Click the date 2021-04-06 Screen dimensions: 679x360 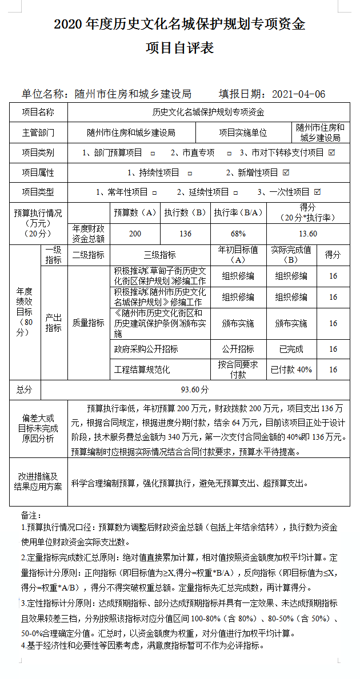click(x=299, y=94)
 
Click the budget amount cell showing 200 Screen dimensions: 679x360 click(x=135, y=234)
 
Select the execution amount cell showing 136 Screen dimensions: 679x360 click(x=185, y=234)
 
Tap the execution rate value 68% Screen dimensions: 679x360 click(x=238, y=234)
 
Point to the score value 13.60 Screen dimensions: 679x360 click(x=308, y=234)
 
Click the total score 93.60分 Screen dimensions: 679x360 click(x=195, y=389)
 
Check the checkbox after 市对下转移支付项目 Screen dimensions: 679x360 click(x=331, y=152)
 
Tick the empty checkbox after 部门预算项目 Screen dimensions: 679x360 click(x=153, y=153)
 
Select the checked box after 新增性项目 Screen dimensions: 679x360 click(x=286, y=172)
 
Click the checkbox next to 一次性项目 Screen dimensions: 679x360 click(x=318, y=192)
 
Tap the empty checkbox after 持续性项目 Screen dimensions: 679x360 click(x=190, y=172)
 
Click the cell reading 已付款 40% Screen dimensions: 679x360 click(x=291, y=369)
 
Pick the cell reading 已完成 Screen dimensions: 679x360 click(x=291, y=349)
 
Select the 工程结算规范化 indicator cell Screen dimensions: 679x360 click(x=142, y=369)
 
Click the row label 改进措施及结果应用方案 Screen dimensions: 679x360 click(x=38, y=481)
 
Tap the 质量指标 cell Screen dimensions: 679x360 click(x=88, y=323)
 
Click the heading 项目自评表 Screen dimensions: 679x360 click(x=179, y=48)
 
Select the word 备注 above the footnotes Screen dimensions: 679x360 click(x=31, y=516)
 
